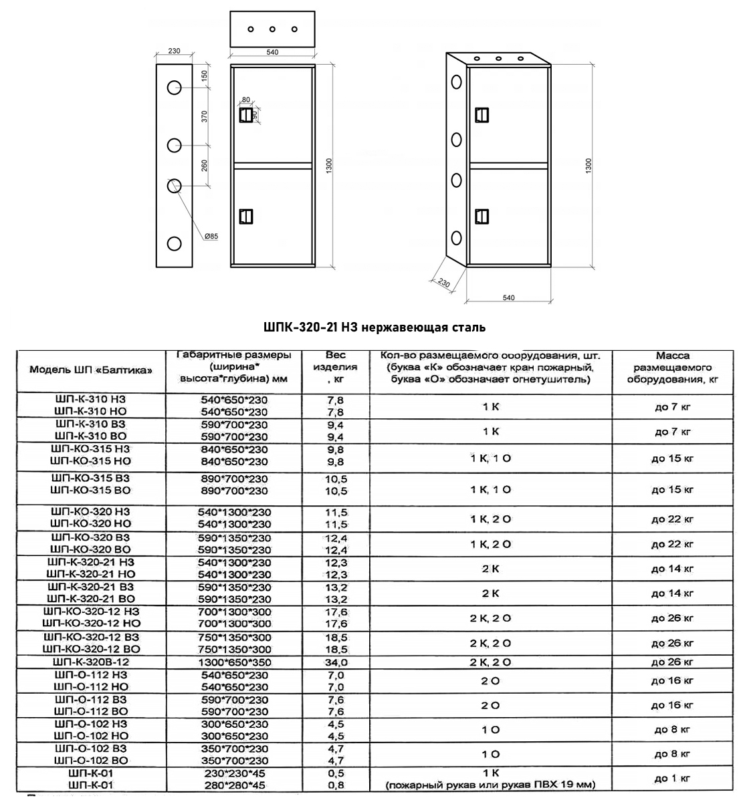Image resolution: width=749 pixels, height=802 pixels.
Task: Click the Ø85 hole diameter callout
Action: click(x=212, y=237)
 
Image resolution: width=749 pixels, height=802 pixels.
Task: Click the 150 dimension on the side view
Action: click(x=205, y=76)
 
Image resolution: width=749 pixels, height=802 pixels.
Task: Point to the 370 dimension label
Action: click(x=205, y=116)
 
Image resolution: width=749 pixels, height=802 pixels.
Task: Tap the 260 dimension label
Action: click(x=205, y=164)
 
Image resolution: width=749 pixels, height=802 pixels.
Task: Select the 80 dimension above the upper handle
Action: click(x=246, y=100)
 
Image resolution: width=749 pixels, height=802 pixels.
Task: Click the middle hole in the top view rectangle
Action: click(x=272, y=29)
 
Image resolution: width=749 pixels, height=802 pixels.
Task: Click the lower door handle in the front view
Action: click(x=245, y=216)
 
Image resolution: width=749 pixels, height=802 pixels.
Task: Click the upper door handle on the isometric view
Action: click(x=481, y=115)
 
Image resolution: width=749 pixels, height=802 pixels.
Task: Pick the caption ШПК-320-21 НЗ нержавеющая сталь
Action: click(x=374, y=327)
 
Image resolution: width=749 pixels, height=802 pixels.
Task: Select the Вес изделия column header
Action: click(x=335, y=367)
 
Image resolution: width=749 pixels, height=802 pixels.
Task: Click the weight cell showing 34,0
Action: click(x=336, y=662)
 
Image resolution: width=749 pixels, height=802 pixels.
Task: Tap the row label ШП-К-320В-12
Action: click(x=90, y=662)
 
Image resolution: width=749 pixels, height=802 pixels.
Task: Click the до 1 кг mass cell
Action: click(x=672, y=778)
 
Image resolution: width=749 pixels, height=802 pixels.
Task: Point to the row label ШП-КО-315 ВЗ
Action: click(x=90, y=479)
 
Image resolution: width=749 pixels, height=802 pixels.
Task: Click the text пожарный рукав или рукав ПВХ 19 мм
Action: click(x=490, y=785)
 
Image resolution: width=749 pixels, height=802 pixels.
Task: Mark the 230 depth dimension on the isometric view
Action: click(x=443, y=282)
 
